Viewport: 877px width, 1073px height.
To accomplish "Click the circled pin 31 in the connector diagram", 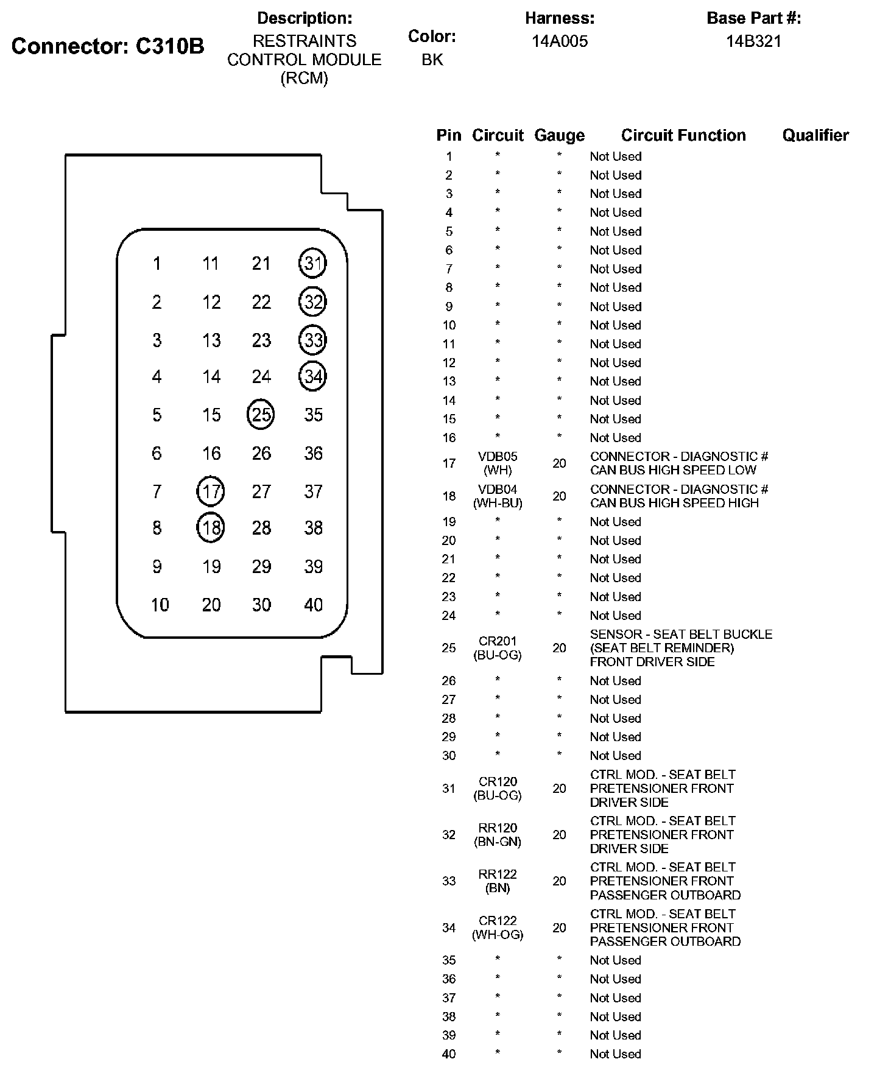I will coord(312,263).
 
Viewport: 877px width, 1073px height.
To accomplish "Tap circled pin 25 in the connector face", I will coord(261,415).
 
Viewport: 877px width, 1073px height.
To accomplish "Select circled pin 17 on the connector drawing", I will coord(211,491).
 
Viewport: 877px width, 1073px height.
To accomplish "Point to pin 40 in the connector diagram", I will coord(313,605).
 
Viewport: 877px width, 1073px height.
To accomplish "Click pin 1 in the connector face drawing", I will coord(157,264).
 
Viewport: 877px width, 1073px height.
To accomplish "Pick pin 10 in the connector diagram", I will coord(160,605).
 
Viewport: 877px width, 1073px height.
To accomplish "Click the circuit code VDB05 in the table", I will coord(498,457).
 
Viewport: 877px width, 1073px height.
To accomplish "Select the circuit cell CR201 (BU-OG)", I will coord(498,648).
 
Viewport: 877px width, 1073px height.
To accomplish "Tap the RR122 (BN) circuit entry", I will coord(498,881).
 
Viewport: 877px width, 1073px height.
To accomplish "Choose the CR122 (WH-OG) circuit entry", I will coord(498,927).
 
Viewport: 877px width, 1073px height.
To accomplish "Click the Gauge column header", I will coord(559,135).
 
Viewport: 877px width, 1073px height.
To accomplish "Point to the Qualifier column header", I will coord(815,135).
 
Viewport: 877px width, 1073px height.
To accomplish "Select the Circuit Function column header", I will coord(683,135).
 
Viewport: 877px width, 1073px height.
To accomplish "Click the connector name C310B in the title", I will coord(169,46).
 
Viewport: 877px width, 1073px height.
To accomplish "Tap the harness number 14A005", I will coord(560,41).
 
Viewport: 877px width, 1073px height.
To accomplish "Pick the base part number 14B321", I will coord(753,41).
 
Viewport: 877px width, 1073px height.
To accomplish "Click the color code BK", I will coord(432,60).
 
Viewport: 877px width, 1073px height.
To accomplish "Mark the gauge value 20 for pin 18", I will coord(559,496).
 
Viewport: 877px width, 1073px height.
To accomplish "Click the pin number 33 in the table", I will coord(449,881).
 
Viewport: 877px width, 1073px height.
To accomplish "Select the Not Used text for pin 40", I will coord(615,1054).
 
